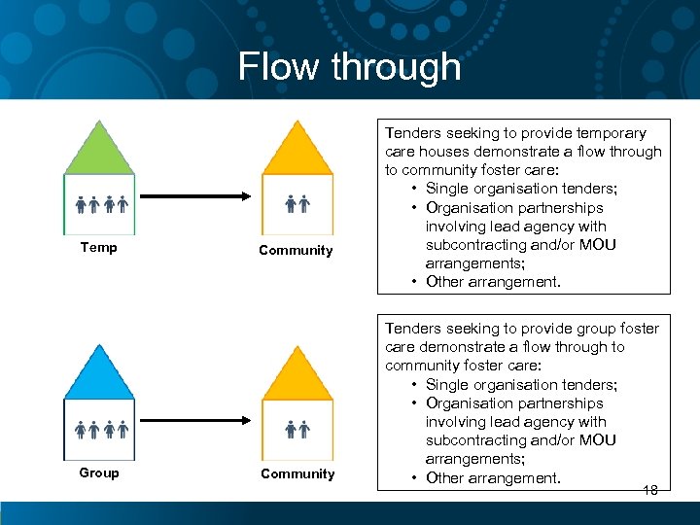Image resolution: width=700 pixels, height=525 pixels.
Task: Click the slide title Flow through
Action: [x=349, y=67]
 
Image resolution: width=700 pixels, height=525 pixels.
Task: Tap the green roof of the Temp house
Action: [x=99, y=151]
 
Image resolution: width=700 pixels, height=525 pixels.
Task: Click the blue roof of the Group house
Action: [x=99, y=375]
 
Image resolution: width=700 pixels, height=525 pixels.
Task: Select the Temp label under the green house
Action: [x=98, y=248]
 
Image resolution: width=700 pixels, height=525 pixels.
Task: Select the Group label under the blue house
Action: [x=99, y=473]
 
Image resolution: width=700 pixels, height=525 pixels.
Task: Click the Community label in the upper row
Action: [x=296, y=251]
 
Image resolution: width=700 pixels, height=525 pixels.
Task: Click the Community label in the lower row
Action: [x=297, y=474]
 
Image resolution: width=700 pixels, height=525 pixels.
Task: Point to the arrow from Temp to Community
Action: [x=199, y=196]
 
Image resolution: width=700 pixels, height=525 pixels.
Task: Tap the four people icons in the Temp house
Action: [x=102, y=204]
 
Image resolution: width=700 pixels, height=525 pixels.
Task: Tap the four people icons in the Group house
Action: [x=102, y=429]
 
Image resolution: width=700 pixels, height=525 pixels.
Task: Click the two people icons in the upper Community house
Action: [x=297, y=204]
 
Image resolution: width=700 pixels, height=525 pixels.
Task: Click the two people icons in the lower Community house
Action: [x=297, y=429]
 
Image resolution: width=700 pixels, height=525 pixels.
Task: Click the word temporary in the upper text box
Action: [x=609, y=133]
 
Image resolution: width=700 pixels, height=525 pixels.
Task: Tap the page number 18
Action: [x=649, y=490]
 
